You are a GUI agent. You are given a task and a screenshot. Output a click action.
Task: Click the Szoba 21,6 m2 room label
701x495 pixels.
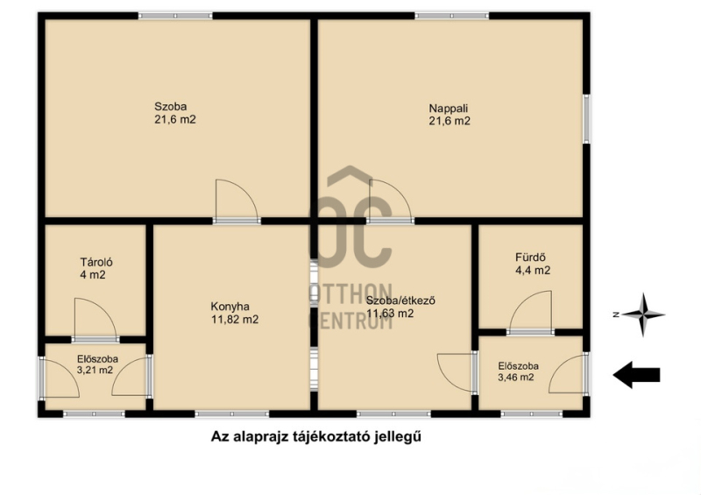point(174,113)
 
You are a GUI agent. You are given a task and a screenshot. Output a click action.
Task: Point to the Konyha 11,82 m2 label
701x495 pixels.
point(235,313)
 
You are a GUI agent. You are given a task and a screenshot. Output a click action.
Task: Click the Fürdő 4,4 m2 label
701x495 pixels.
point(533,264)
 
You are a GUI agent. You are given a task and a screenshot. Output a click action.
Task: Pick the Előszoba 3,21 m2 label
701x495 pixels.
point(97,364)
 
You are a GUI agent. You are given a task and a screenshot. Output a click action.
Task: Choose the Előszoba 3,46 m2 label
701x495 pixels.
point(518,371)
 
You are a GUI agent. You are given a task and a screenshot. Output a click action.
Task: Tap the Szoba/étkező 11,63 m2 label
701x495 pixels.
point(400,307)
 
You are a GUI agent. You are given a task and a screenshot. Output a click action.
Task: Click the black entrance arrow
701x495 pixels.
point(636,375)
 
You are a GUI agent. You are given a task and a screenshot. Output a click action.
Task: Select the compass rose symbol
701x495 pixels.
point(642,315)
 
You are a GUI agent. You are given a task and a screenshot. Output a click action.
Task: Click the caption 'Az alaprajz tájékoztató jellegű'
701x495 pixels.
point(316,436)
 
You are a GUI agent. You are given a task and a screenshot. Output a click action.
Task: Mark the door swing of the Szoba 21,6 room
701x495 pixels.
point(237,200)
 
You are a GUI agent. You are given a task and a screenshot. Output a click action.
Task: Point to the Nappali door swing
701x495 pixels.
point(390,200)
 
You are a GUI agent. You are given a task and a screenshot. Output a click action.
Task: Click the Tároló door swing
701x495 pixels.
point(96,317)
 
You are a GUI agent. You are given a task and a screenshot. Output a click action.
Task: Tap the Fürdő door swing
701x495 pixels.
point(531,310)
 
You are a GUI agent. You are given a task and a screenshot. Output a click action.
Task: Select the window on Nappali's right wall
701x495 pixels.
point(586,119)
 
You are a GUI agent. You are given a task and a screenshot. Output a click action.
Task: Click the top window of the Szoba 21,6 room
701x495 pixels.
point(175,16)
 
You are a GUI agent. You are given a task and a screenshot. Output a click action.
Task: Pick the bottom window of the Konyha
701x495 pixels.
point(232,414)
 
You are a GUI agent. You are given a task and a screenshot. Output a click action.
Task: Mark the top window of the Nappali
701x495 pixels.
point(452,16)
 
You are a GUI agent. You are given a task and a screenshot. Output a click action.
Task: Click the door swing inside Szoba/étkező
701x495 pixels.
point(456,372)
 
